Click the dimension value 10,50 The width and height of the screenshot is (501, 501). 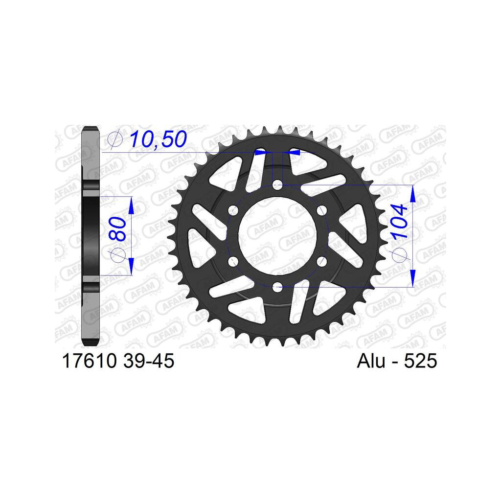(158, 139)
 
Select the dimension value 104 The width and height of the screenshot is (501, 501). (400, 222)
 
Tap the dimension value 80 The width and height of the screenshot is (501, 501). (117, 228)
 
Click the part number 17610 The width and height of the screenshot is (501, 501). (89, 361)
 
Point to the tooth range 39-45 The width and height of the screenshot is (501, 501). (148, 361)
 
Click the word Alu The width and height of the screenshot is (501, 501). (371, 361)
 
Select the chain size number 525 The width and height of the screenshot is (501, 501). (420, 361)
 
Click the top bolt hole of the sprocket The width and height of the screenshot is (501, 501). (277, 184)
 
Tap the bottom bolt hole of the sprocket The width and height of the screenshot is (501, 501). (277, 287)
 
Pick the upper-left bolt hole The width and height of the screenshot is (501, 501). (233, 210)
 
